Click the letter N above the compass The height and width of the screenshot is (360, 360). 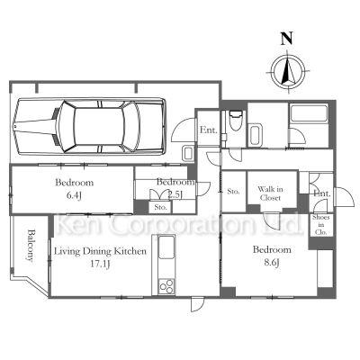287,39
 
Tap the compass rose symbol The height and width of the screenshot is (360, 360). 288,72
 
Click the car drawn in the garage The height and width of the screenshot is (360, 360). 89,126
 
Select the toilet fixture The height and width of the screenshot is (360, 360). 235,121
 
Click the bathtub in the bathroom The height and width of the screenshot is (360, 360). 309,113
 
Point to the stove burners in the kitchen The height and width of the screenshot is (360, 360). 166,286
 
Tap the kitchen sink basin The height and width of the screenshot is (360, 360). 166,247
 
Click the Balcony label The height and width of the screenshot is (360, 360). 31,246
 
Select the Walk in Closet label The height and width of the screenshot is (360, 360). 270,193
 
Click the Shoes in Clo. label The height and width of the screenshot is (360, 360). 321,225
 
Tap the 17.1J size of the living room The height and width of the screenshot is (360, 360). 101,264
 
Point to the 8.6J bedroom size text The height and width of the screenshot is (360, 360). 272,263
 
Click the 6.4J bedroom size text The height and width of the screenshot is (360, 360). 74,195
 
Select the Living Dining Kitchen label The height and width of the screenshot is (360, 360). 100,251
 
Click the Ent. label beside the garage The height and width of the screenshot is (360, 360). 209,130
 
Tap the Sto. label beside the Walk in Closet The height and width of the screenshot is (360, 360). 233,191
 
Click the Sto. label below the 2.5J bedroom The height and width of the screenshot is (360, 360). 161,207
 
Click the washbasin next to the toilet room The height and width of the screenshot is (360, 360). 256,135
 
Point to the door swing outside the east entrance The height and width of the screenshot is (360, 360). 345,197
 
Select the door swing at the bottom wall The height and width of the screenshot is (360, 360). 198,304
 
